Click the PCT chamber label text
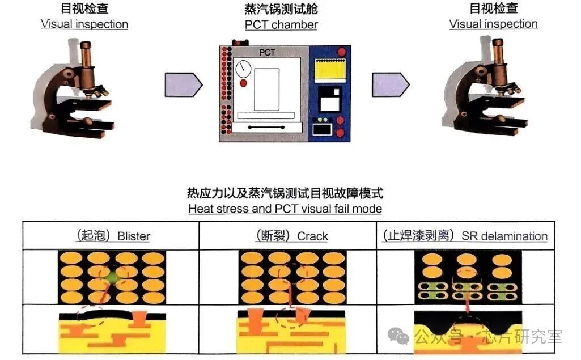click(x=281, y=25)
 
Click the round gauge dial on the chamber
click(x=243, y=69)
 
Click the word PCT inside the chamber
click(x=267, y=53)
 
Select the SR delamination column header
click(x=465, y=236)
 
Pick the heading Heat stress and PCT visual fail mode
click(x=285, y=209)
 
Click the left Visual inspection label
click(x=84, y=24)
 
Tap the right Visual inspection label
click(x=493, y=24)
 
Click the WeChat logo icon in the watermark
click(x=401, y=336)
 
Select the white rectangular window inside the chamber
click(x=266, y=90)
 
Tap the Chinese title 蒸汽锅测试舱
click(x=281, y=9)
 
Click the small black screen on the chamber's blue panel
click(x=321, y=130)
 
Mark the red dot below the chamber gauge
click(x=243, y=83)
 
